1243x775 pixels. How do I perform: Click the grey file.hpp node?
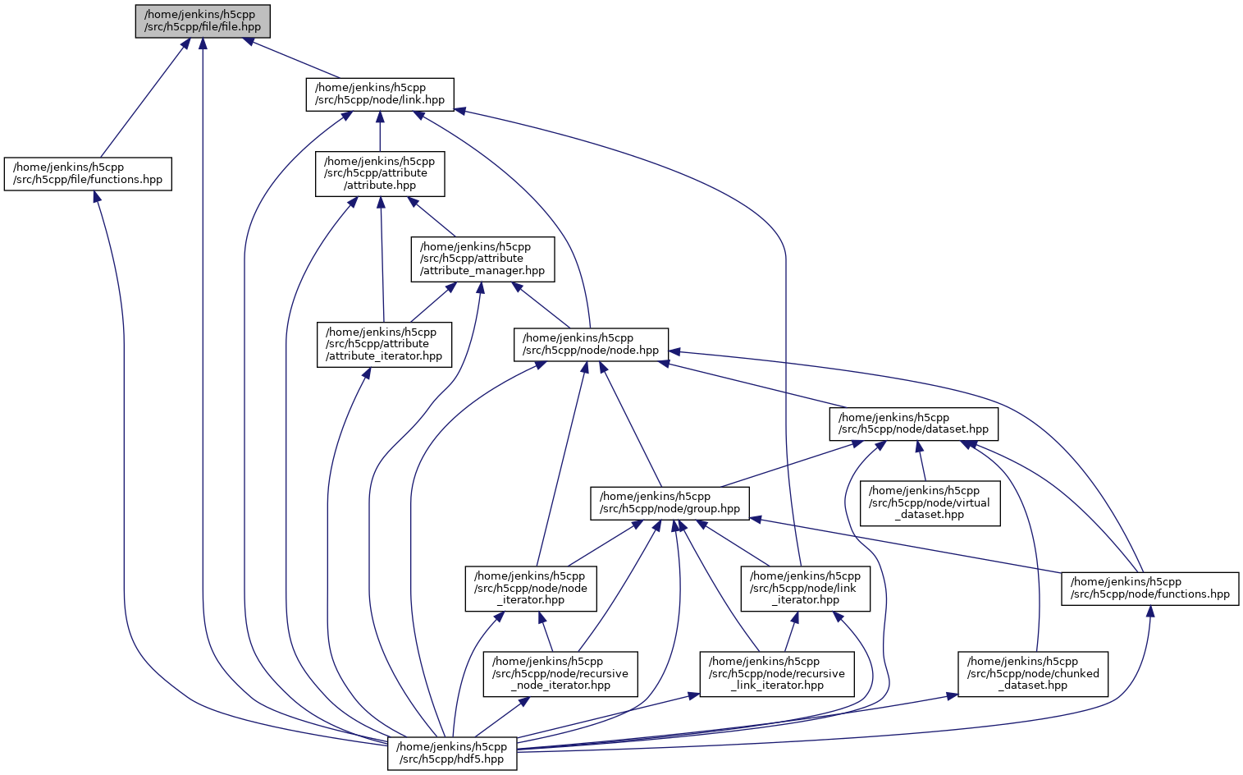pos(203,21)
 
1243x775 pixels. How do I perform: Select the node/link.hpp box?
pos(379,94)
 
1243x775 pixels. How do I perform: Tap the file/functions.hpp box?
pos(88,173)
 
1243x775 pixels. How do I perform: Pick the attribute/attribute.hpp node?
pos(380,173)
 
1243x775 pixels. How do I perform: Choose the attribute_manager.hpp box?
pos(482,259)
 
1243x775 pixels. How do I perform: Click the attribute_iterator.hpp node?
pos(384,344)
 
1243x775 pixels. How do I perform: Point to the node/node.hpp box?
pos(591,344)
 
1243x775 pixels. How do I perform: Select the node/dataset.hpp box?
pos(914,424)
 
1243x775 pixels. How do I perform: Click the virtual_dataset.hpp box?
pos(930,502)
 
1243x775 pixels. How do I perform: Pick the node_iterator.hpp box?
pos(531,588)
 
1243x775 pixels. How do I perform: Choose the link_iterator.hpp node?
pos(805,588)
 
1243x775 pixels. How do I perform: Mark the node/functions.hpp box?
pos(1149,588)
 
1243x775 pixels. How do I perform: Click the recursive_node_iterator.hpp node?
pos(560,673)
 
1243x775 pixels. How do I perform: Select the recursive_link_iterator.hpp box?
pos(776,673)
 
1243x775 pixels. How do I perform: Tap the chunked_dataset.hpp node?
pos(1033,673)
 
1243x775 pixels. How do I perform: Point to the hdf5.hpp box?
pos(451,753)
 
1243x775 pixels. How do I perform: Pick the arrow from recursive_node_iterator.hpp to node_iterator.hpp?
pos(546,631)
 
